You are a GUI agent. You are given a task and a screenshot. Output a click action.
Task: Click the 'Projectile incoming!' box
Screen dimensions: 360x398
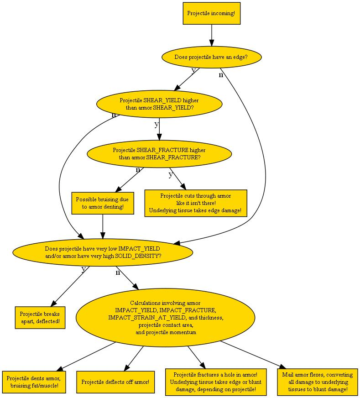pyautogui.click(x=212, y=13)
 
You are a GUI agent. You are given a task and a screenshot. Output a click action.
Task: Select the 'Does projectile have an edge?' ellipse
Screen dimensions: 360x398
pyautogui.click(x=212, y=57)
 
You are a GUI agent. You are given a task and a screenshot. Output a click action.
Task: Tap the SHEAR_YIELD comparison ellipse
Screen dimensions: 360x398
pyautogui.click(x=159, y=104)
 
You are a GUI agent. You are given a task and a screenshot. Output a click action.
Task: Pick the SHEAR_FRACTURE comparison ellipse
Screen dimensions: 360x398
pyautogui.click(x=159, y=154)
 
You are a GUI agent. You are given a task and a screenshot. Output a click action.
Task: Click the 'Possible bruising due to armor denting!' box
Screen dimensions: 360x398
pyautogui.click(x=103, y=203)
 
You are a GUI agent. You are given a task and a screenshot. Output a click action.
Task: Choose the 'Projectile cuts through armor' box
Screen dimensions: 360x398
pyautogui.click(x=196, y=203)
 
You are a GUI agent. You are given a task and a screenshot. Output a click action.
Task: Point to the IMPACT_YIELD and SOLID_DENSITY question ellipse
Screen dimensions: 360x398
pyautogui.click(x=103, y=252)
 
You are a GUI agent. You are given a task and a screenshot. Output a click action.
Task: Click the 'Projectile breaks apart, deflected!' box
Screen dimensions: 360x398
pyautogui.click(x=40, y=318)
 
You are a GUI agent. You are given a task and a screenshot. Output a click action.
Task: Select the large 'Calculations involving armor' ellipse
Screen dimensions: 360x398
pyautogui.click(x=166, y=318)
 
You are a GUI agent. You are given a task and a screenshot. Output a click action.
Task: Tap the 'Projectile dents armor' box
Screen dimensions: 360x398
pyautogui.click(x=34, y=382)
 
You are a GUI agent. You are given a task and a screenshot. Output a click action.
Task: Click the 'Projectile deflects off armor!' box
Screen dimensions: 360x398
pyautogui.click(x=115, y=382)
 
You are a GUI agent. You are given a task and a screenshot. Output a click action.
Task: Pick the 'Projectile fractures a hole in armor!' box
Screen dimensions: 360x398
pyautogui.click(x=216, y=382)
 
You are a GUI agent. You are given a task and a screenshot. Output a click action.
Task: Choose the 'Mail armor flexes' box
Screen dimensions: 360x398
pyautogui.click(x=318, y=382)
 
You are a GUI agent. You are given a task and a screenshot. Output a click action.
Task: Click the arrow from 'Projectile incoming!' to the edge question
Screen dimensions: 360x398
pyautogui.click(x=212, y=36)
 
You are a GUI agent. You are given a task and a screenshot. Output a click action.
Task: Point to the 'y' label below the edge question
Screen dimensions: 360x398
pyautogui.click(x=193, y=70)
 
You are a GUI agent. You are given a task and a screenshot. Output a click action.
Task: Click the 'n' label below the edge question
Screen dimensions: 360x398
pyautogui.click(x=221, y=75)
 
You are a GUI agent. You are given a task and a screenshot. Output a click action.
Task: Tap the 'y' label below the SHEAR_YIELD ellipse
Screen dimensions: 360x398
pyautogui.click(x=157, y=124)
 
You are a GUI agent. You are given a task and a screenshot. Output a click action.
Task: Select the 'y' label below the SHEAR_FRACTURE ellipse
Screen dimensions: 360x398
pyautogui.click(x=171, y=174)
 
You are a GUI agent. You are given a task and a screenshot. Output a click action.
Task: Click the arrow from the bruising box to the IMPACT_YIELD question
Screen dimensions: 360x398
pyautogui.click(x=103, y=227)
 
